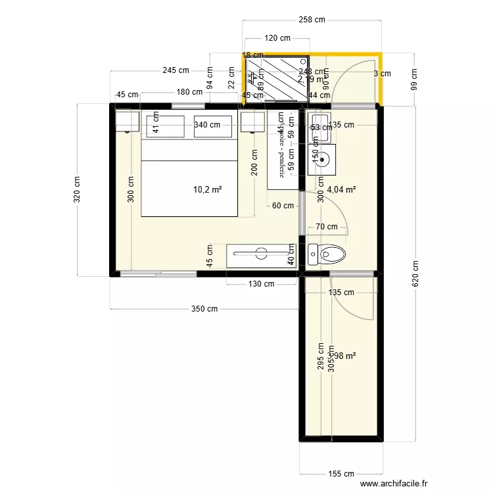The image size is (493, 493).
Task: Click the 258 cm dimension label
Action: click(x=312, y=20)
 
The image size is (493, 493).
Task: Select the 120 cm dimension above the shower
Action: click(x=277, y=38)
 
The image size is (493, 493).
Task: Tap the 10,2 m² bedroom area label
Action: click(x=207, y=189)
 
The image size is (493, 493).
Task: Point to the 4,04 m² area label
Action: click(x=342, y=189)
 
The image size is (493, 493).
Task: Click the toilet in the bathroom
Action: click(x=327, y=254)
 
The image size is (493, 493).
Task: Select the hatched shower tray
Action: click(x=276, y=78)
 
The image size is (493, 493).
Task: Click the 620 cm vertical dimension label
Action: click(x=415, y=275)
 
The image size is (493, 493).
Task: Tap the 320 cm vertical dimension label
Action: click(x=78, y=189)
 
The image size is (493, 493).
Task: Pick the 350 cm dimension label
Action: click(x=204, y=308)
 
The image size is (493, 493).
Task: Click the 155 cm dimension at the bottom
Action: click(x=340, y=473)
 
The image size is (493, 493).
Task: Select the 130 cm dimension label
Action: click(x=261, y=284)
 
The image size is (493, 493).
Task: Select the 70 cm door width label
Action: click(x=327, y=227)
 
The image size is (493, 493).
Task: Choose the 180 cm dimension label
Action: click(x=189, y=92)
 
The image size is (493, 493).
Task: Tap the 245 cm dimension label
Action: click(x=176, y=70)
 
